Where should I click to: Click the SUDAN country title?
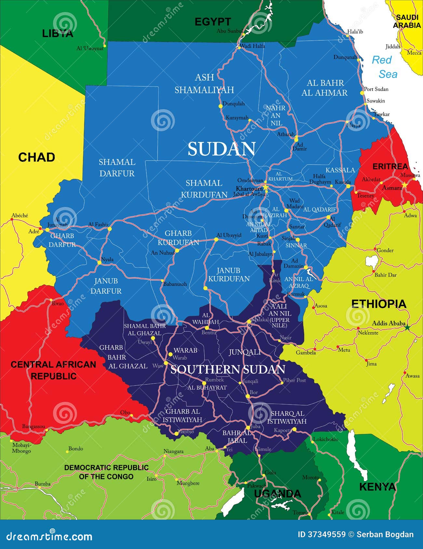[221, 149]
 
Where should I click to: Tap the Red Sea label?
[385, 67]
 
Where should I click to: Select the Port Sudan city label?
[376, 89]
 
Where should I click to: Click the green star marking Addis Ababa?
[407, 327]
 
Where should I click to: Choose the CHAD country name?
[36, 157]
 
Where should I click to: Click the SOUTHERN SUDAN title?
[228, 369]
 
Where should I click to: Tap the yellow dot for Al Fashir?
[110, 229]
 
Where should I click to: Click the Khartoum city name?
[249, 188]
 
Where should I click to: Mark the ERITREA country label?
[390, 166]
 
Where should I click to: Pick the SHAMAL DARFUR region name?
[117, 168]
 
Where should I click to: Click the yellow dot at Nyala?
[99, 262]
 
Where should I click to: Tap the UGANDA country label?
[277, 494]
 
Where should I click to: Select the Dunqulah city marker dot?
[220, 106]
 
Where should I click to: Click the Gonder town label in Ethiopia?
[385, 250]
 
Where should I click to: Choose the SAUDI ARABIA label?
[407, 21]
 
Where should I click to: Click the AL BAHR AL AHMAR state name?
[324, 88]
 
